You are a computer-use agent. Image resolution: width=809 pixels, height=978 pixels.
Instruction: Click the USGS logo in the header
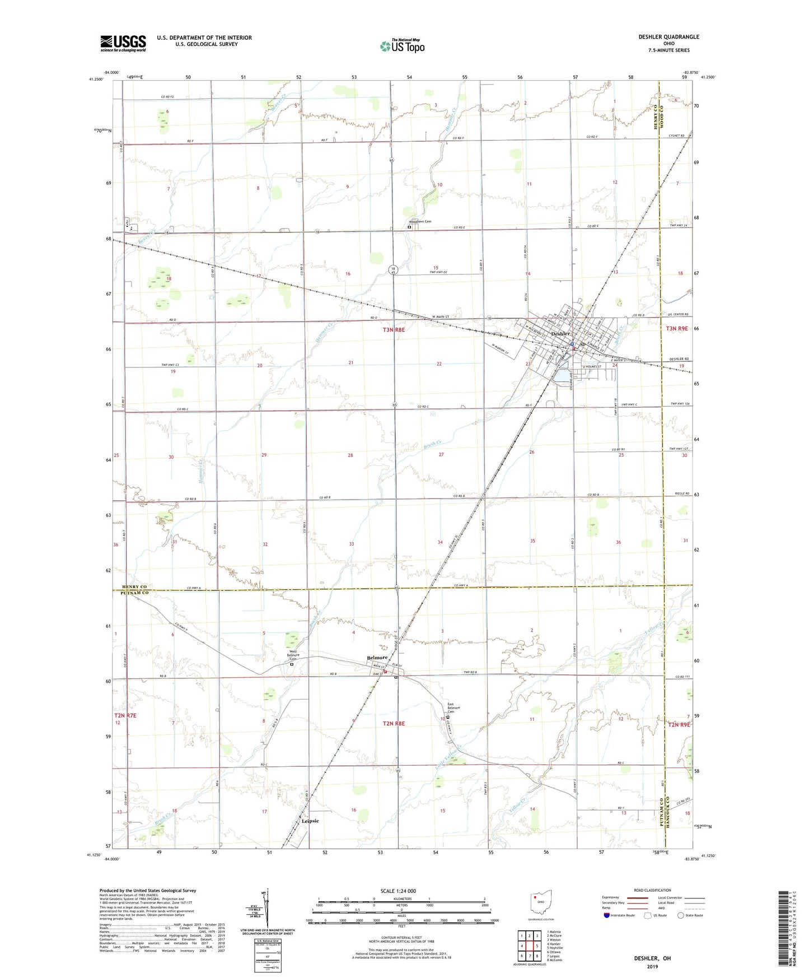pos(123,43)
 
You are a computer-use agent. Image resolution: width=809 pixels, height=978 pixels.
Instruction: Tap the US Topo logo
pos(402,46)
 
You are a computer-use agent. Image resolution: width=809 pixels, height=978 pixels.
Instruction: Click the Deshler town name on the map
pos(560,334)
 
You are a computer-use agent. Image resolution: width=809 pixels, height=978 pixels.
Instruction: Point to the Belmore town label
pos(377,658)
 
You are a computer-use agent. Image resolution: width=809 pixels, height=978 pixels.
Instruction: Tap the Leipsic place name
pos(310,821)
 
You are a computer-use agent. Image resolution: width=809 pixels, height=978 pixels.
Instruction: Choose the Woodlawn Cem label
pos(420,222)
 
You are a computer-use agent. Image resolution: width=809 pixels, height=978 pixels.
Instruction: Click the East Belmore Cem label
pos(453,707)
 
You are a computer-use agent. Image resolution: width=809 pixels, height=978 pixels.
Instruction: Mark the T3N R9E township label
pos(677,329)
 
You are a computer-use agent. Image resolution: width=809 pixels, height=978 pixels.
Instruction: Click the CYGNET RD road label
pos(676,136)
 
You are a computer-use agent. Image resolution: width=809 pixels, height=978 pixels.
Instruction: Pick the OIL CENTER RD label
pos(677,315)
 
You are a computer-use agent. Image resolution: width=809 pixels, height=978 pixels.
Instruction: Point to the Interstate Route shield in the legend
pos(607,916)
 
